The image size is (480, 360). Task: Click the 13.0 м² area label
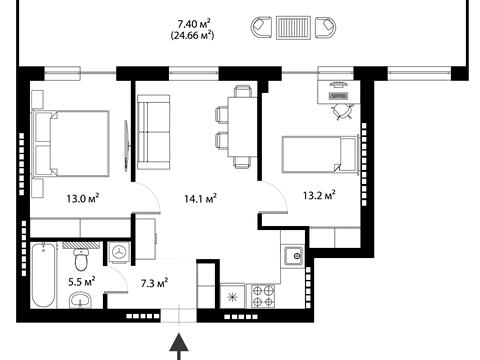coord(83,199)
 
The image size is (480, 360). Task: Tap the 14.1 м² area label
coord(201,199)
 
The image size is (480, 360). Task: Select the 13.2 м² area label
coord(319,195)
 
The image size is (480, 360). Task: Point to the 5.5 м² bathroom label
coord(82,282)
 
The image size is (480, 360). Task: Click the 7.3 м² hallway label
coord(154,284)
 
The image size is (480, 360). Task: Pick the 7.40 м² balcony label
coord(194,24)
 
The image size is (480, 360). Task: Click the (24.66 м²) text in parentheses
coord(192,35)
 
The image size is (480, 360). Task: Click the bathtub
coord(43,275)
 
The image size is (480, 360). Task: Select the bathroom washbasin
coord(80,300)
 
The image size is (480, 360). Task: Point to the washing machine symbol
coord(119,252)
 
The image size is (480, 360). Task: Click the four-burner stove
coord(263,296)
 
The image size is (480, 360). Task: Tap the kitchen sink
coord(293,256)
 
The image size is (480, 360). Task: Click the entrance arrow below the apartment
coord(179,347)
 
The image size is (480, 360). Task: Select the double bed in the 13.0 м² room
coord(71,143)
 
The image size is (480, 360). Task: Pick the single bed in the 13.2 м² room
coord(320,154)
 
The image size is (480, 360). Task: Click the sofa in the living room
coord(154,132)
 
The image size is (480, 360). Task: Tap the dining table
coord(242,126)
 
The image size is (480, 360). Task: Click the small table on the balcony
coord(293,28)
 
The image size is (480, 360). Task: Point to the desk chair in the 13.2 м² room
coord(342,111)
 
